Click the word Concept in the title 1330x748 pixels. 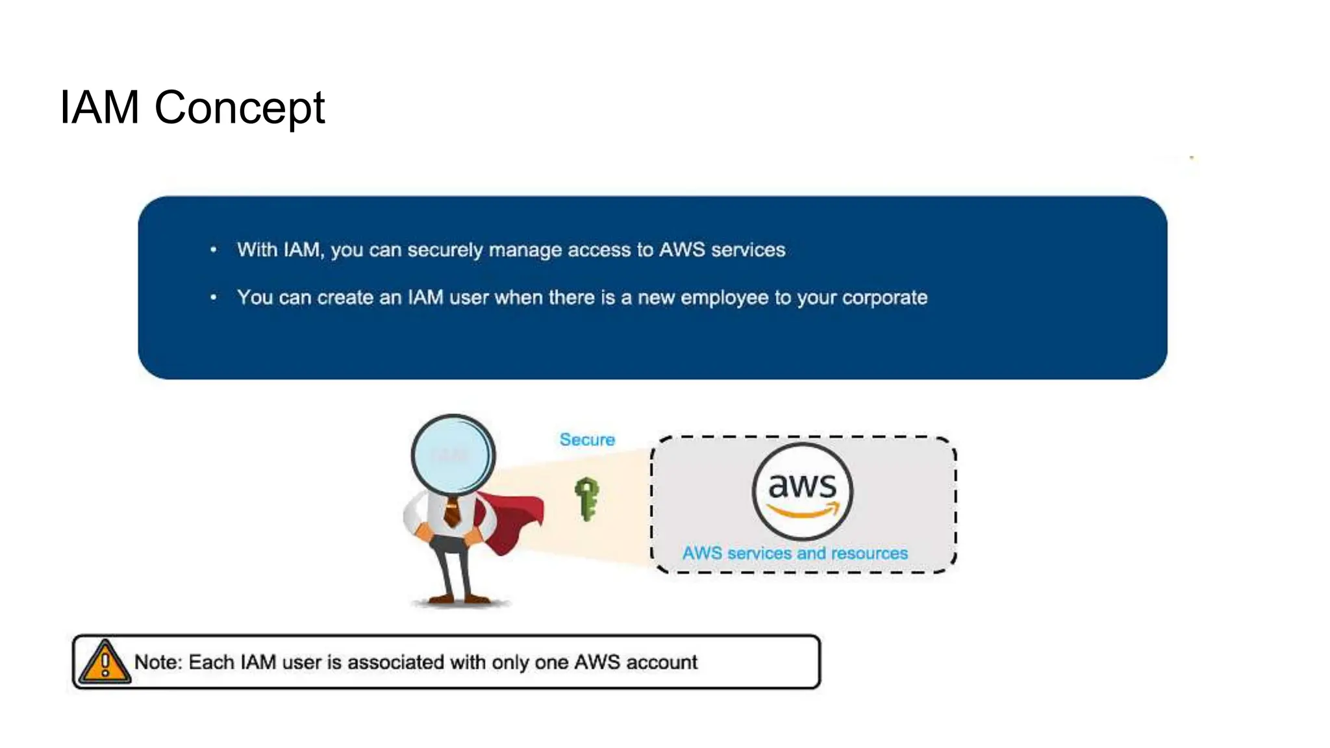pos(239,108)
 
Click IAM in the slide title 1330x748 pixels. pos(99,108)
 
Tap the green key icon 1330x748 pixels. pos(587,498)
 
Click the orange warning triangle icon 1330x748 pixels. pos(105,663)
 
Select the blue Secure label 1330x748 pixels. pos(587,440)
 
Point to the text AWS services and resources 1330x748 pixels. pos(795,553)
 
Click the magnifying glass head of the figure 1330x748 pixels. pos(453,455)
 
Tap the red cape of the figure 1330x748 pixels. pos(513,519)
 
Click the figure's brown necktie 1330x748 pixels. pos(453,513)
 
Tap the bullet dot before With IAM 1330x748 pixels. pos(214,250)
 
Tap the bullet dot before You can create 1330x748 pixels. pos(214,297)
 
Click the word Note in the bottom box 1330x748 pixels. pos(157,662)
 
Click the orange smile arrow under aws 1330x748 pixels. pos(804,512)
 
